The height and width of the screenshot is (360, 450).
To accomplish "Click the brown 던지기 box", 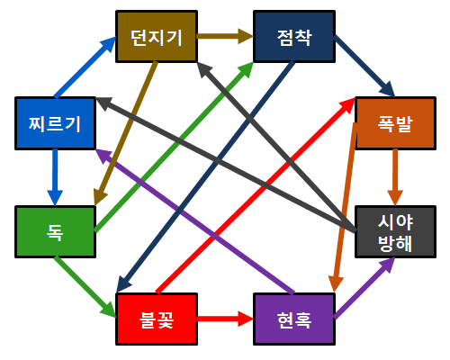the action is click(157, 37).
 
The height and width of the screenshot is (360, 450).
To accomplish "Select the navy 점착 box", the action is click(294, 37).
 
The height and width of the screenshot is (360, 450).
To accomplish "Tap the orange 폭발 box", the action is click(395, 123).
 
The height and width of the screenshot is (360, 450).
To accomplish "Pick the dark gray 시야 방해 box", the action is click(395, 232).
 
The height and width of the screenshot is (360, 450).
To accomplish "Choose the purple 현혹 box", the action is click(294, 319).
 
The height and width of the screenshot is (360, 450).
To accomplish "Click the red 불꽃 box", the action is click(157, 319).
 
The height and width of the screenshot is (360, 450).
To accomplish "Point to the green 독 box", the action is click(55, 232).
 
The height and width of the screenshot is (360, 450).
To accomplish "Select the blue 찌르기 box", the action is click(55, 123).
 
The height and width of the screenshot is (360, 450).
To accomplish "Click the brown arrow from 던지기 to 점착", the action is click(225, 36).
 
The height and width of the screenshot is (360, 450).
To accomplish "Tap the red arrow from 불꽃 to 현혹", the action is click(225, 319).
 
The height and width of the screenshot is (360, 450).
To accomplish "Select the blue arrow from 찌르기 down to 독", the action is click(55, 177).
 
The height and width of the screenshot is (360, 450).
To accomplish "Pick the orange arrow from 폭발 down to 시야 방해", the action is click(395, 177).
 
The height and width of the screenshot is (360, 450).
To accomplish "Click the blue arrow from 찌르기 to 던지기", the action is click(85, 67).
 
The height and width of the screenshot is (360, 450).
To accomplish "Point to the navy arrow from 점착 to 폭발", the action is click(364, 66).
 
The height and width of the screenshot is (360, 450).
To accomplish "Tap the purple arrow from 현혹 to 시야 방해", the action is click(364, 288).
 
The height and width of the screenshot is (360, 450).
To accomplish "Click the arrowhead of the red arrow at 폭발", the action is click(348, 104).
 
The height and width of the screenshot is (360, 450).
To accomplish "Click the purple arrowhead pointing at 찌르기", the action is click(103, 155).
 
